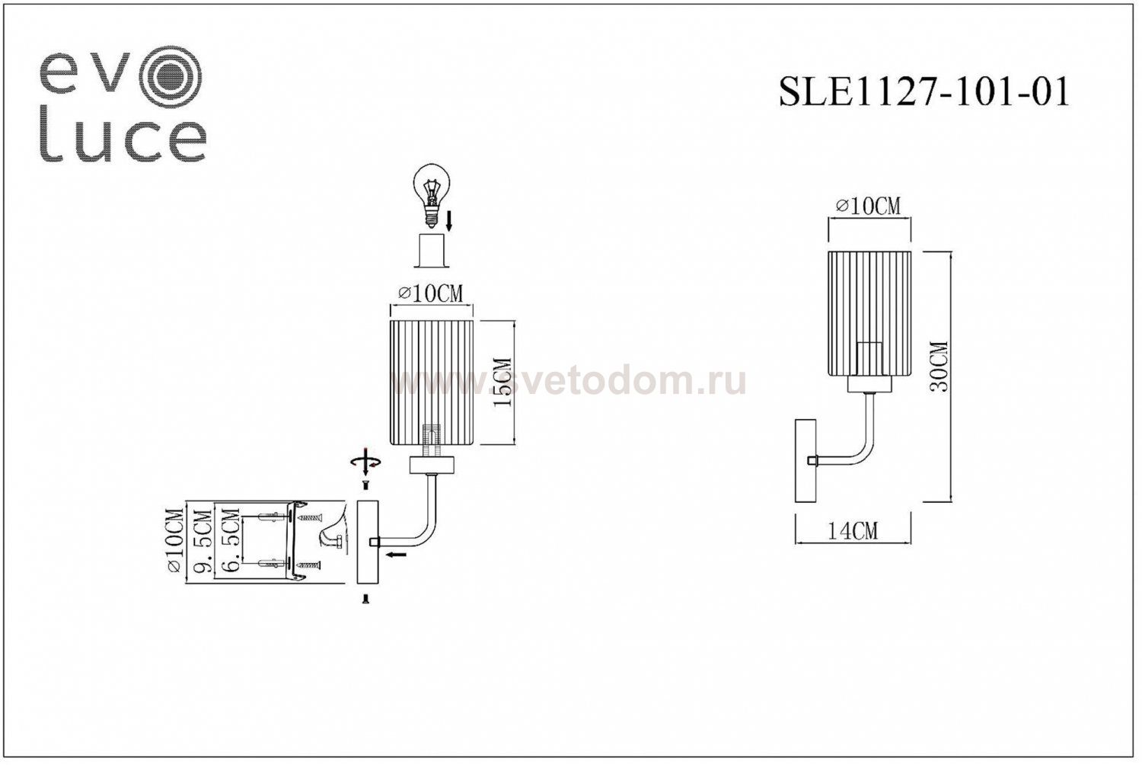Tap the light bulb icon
click(432, 192)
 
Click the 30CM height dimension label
click(941, 366)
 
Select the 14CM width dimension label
click(852, 530)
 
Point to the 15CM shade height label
click(502, 382)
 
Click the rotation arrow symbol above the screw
click(365, 462)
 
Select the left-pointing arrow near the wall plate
click(394, 555)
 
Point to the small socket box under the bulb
click(432, 250)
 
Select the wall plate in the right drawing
click(805, 460)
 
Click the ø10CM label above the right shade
click(868, 206)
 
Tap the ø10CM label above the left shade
click(430, 294)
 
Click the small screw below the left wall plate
click(366, 600)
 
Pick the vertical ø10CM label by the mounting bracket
click(175, 543)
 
